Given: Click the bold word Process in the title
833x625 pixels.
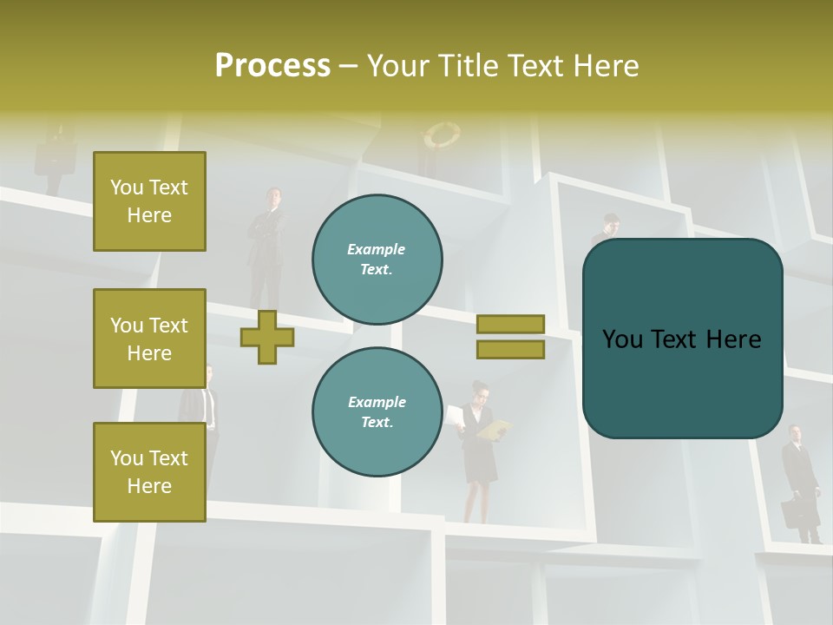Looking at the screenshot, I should click(x=272, y=66).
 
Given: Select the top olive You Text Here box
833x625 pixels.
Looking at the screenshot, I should click(x=149, y=201).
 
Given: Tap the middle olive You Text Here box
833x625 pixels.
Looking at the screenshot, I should click(x=149, y=339).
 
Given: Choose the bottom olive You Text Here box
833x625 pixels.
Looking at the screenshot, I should click(x=149, y=472).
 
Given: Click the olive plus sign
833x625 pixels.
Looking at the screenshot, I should click(x=267, y=337).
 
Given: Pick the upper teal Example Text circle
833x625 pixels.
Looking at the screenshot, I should click(x=377, y=259).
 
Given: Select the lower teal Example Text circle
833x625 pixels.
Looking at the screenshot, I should click(x=377, y=411).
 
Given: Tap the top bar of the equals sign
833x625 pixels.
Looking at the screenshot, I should click(x=510, y=325).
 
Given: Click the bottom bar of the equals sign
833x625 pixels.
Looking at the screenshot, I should click(x=510, y=349).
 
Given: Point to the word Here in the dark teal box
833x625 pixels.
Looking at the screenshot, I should click(x=733, y=339).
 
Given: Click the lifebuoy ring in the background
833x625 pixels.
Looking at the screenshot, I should click(x=442, y=135).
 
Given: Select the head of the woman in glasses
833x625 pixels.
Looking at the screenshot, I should click(x=480, y=390).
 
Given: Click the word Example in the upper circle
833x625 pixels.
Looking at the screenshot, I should click(x=377, y=249).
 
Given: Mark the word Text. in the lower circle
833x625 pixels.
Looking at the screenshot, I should click(x=377, y=423).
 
